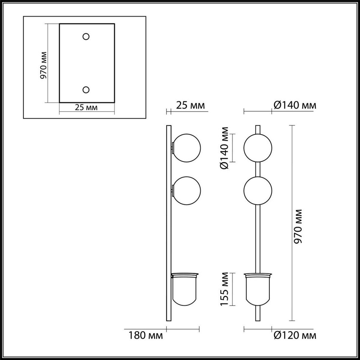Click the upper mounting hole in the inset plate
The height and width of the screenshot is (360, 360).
pyautogui.click(x=86, y=37)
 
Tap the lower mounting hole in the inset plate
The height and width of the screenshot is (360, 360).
pyautogui.click(x=86, y=90)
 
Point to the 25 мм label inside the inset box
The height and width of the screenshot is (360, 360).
pyautogui.click(x=86, y=107)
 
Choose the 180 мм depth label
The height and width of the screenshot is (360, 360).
pyautogui.click(x=146, y=335)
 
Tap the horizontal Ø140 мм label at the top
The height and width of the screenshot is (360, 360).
pyautogui.click(x=295, y=105)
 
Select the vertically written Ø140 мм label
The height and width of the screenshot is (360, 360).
pyautogui.click(x=224, y=148)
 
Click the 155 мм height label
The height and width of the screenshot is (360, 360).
pyautogui.click(x=224, y=289)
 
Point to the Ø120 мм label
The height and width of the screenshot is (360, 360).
pyautogui.click(x=295, y=335)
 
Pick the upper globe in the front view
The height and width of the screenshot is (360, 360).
pyautogui.click(x=258, y=148)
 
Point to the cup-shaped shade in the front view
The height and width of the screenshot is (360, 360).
pyautogui.click(x=258, y=289)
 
